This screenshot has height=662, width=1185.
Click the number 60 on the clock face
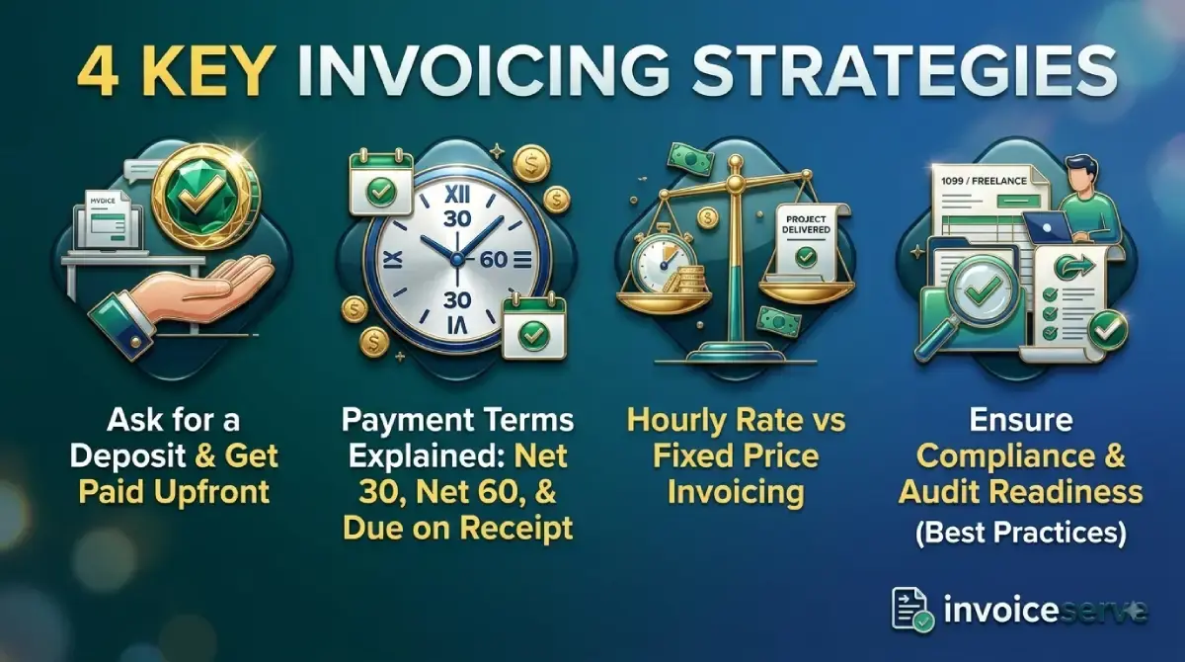(494, 259)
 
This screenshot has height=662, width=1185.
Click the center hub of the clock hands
(457, 258)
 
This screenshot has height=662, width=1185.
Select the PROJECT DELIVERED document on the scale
(807, 244)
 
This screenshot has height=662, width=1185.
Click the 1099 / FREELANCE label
(984, 181)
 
